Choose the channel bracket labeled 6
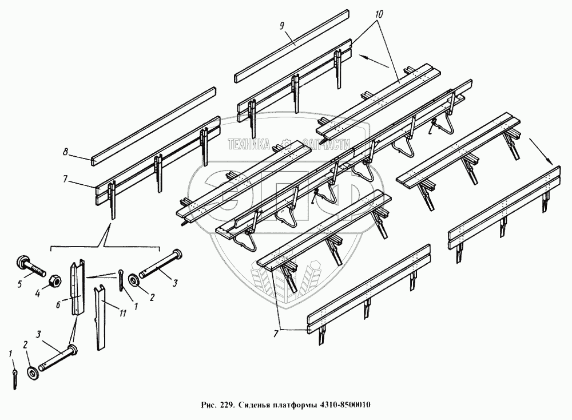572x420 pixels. (78, 289)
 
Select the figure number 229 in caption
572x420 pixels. (224, 406)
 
